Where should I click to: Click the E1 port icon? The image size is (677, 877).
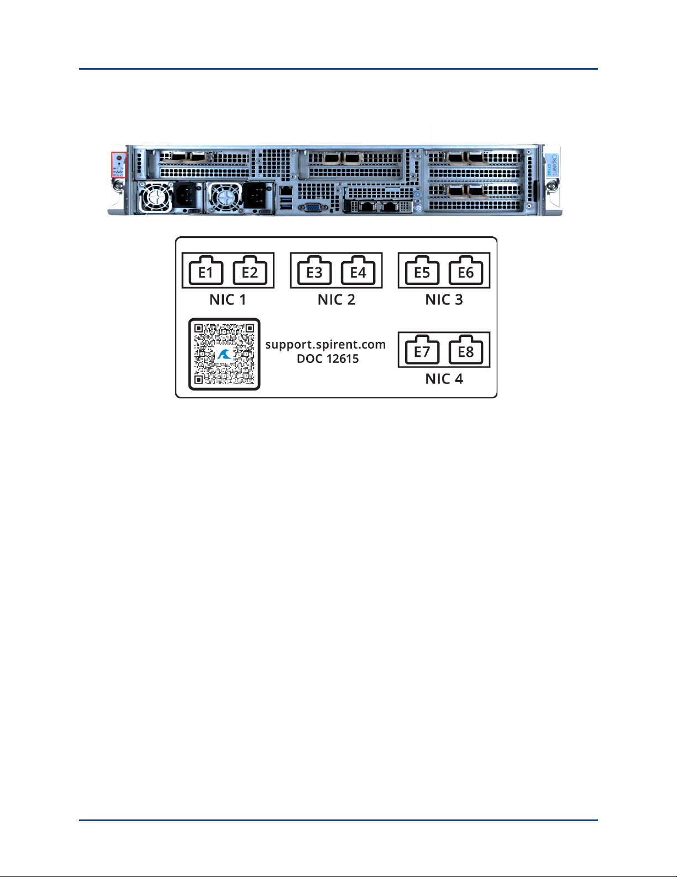coord(206,271)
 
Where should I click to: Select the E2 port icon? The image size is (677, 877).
coord(250,271)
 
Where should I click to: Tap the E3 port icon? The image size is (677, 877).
coord(314,271)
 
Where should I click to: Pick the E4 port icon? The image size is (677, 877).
coord(358,271)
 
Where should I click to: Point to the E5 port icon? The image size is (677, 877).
coord(422,271)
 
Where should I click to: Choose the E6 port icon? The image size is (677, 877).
coord(466,271)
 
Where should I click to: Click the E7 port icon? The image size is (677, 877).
coord(422,350)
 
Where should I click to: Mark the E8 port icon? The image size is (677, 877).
coord(466,350)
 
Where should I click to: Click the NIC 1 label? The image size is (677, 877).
coord(228,300)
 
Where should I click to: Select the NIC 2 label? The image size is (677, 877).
coord(336,300)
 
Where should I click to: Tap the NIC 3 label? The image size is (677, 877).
coord(444,300)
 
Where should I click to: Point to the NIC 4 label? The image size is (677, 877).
coord(444,379)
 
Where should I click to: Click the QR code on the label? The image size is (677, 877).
coord(224,354)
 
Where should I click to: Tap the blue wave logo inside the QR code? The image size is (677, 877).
coord(224,355)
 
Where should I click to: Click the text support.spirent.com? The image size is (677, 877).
coord(326,345)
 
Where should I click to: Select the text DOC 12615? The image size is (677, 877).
coord(328,359)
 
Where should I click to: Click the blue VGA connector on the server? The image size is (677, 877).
coord(312,207)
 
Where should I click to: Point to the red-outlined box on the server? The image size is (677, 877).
coord(119,165)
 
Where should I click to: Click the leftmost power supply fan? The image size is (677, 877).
coord(156,197)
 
